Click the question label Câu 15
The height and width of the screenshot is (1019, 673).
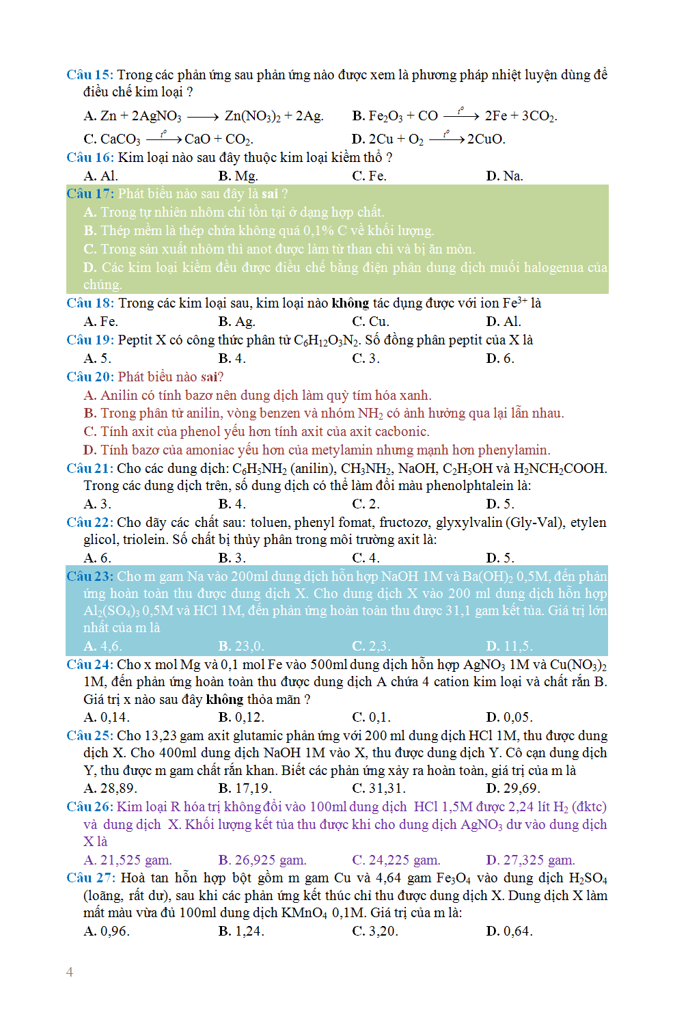coord(90,74)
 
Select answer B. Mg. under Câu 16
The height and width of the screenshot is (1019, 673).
coord(238,176)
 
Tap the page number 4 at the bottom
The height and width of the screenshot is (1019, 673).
coord(70,972)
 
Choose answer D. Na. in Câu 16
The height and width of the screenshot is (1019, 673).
coord(504,176)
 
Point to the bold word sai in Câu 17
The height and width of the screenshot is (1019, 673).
coord(270,194)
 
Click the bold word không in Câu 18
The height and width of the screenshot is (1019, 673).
coord(350,303)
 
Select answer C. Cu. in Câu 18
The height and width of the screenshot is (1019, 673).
coord(370,321)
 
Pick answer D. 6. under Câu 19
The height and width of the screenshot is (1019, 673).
coord(499,358)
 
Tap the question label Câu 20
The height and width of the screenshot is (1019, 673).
coord(90,377)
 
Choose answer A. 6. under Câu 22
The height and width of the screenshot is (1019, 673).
coord(97,558)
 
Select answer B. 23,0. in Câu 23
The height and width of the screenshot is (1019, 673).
coord(241,646)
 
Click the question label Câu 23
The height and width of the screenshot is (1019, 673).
coord(90,576)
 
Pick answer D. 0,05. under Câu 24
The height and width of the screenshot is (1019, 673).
coord(509,717)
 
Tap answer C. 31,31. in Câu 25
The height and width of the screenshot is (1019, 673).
coord(379,788)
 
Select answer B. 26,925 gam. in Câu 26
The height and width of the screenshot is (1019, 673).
coord(262,860)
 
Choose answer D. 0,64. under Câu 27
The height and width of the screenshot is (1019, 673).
coord(509,931)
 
